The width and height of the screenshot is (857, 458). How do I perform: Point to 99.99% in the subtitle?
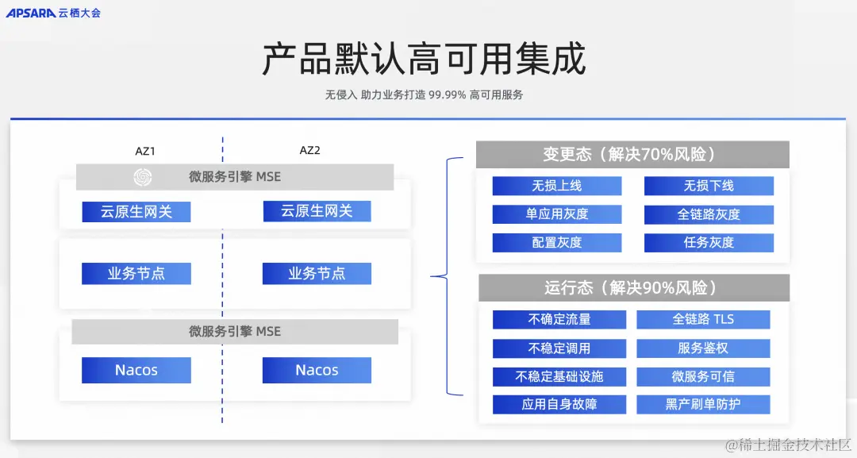tap(447, 94)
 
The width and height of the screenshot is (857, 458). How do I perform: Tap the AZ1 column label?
tap(145, 151)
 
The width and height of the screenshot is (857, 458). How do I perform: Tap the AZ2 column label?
tap(309, 151)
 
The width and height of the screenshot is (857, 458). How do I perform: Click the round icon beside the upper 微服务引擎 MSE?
tap(143, 177)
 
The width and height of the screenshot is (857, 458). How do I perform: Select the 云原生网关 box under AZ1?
tap(136, 212)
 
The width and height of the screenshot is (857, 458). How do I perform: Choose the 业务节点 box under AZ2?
tap(317, 274)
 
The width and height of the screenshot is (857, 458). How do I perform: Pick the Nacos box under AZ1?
tap(136, 371)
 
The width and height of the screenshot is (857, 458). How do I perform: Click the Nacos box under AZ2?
tap(317, 371)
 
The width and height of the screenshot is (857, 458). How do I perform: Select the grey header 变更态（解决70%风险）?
tap(632, 155)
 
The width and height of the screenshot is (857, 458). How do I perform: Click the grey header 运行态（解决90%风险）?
tap(632, 287)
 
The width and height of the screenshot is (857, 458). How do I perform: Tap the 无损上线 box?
tap(556, 186)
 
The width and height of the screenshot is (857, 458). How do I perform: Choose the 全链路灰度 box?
tap(709, 214)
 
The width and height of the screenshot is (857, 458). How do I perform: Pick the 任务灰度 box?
tap(709, 243)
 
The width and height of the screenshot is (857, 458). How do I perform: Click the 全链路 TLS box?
tap(703, 319)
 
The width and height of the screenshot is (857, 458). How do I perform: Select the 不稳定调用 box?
tap(559, 348)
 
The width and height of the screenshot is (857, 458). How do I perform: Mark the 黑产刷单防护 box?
tap(703, 404)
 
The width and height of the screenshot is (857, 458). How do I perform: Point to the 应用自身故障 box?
tap(559, 404)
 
